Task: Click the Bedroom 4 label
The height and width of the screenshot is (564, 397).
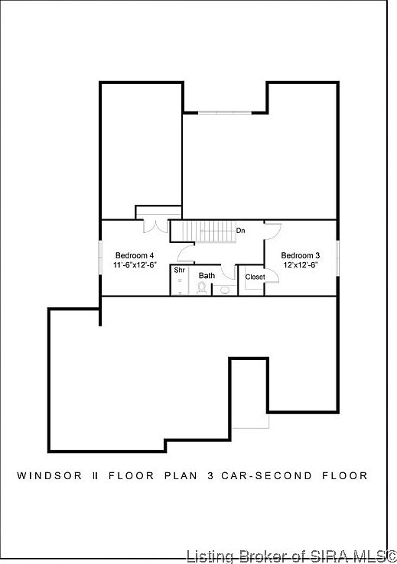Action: coord(135,255)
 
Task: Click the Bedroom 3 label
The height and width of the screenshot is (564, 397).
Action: coord(301,255)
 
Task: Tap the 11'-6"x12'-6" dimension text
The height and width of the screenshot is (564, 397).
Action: coord(135,265)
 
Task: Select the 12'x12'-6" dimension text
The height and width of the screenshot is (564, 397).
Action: coord(301,265)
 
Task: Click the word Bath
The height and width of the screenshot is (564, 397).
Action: coord(207,275)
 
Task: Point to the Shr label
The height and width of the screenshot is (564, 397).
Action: coord(179,270)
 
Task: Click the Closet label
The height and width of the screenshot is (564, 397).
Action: coord(255,277)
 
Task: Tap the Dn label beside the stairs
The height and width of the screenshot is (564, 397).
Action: coord(240,230)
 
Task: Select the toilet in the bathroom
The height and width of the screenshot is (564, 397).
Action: coord(202,288)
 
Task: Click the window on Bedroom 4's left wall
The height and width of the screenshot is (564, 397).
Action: coord(101,256)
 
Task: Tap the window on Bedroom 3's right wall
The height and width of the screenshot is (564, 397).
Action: coord(337,256)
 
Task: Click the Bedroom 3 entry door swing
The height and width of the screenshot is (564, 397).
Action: coord(273,229)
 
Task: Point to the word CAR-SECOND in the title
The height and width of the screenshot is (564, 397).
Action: coord(256,475)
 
